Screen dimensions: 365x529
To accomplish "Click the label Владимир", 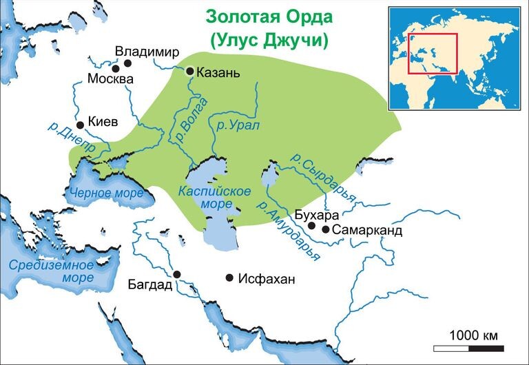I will pyautogui.click(x=147, y=52).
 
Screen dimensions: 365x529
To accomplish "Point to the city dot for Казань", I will pyautogui.click(x=190, y=70).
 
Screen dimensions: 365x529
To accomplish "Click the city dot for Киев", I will pyautogui.click(x=81, y=125).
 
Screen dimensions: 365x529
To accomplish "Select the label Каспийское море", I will pyautogui.click(x=215, y=196).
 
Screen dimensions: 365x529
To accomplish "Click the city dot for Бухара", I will pyautogui.click(x=311, y=225).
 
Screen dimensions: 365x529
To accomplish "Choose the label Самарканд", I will pyautogui.click(x=366, y=230).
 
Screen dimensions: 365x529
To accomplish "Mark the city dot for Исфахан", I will pyautogui.click(x=229, y=278).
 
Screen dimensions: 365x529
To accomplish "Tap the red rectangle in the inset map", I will pyautogui.click(x=433, y=53).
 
